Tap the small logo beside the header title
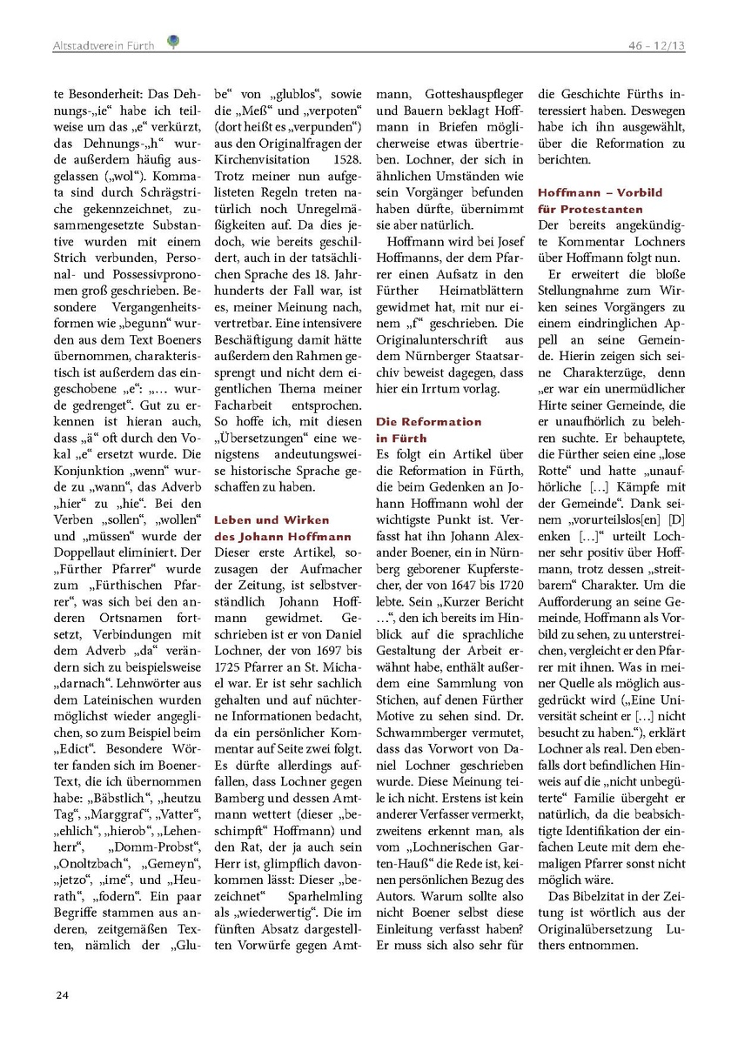coord(174,41)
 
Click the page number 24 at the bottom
coord(62,994)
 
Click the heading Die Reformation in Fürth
coord(428,429)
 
